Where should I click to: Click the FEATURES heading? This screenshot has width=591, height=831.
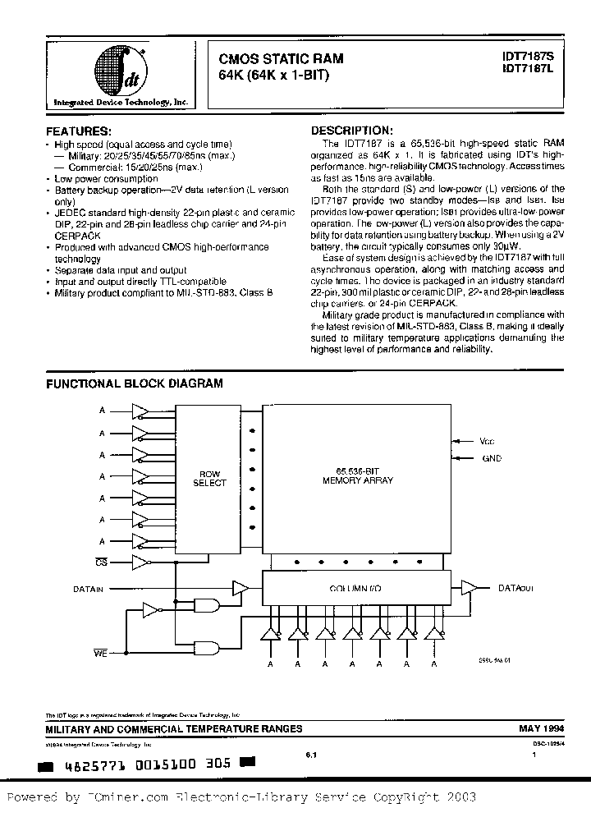[x=79, y=131]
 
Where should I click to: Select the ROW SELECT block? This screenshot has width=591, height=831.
[x=208, y=478]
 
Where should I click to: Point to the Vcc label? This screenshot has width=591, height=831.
[x=488, y=441]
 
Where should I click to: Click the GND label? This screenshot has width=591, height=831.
[x=491, y=458]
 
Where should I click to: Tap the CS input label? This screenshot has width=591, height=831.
[x=101, y=563]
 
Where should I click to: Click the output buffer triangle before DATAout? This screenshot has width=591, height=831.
[x=469, y=587]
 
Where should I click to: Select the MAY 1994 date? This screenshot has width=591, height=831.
[x=540, y=728]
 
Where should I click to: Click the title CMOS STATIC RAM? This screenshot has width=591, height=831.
[x=281, y=59]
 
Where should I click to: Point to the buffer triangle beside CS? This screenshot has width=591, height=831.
[x=141, y=562]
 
